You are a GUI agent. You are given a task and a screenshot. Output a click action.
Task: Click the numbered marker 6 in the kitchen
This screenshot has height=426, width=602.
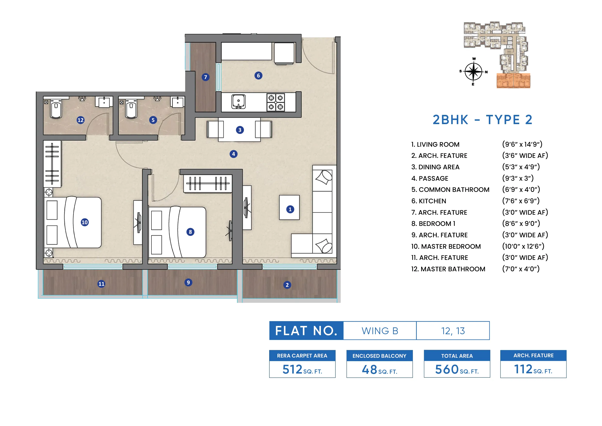click(x=258, y=76)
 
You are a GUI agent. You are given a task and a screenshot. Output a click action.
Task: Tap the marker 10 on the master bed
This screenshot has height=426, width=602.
click(x=84, y=222)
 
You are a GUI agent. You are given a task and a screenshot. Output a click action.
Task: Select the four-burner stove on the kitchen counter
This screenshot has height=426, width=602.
click(x=276, y=102)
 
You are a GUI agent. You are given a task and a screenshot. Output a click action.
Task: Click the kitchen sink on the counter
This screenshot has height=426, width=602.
click(x=238, y=102)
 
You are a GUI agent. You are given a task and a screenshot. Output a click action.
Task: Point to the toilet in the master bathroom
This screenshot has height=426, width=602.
click(x=56, y=110)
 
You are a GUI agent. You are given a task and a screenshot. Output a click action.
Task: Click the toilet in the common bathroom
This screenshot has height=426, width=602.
click(x=131, y=110)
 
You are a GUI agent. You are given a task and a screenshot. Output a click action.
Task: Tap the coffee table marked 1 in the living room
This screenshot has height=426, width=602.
click(x=289, y=207)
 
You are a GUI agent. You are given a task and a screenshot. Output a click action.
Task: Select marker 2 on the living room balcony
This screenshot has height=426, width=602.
click(x=287, y=285)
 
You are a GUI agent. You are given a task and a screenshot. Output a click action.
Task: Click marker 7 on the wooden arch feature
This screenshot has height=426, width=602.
click(x=206, y=77)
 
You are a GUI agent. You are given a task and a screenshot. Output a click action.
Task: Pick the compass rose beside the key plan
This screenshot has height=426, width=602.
click(x=473, y=71)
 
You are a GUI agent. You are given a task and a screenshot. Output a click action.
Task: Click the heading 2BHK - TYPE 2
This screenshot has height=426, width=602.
click(x=482, y=120)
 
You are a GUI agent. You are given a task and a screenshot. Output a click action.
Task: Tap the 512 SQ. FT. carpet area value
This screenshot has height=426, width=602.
click(x=302, y=369)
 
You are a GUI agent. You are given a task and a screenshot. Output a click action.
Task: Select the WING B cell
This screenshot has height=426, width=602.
click(x=380, y=331)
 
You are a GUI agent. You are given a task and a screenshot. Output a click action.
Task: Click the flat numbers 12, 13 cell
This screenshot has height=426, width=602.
click(x=453, y=331)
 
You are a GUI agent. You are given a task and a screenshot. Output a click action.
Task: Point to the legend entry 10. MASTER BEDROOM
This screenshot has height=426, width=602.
click(x=446, y=246)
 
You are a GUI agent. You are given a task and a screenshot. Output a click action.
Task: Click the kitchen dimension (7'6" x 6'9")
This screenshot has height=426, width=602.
click(x=521, y=201)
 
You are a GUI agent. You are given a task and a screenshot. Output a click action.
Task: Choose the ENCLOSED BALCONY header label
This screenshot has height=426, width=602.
click(x=379, y=356)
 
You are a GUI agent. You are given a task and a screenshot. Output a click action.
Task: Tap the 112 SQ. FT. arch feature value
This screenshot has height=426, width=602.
click(x=533, y=369)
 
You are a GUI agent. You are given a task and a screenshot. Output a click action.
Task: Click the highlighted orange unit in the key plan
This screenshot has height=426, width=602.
click(x=513, y=81)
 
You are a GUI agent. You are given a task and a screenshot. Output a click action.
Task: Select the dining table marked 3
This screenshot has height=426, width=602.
click(x=239, y=130)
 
